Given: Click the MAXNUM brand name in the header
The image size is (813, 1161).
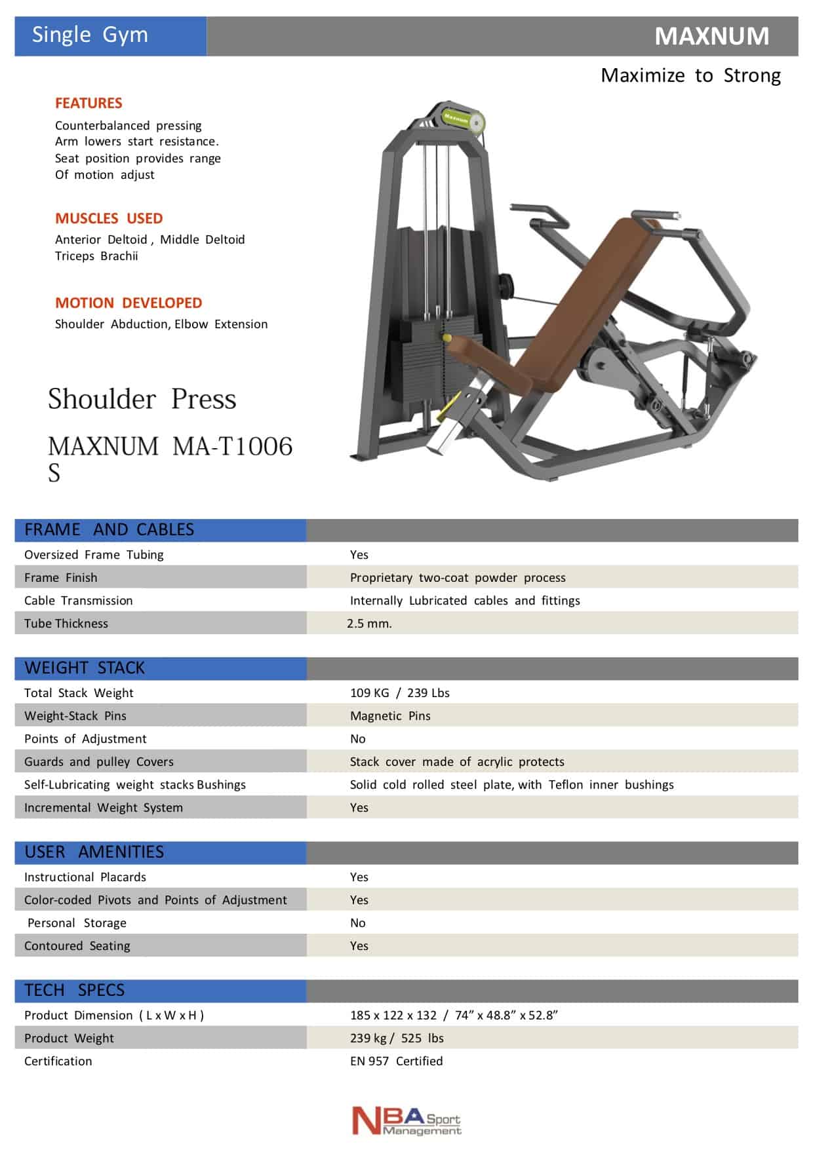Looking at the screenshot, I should pyautogui.click(x=711, y=36).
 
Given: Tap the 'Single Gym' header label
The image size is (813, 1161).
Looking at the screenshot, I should pyautogui.click(x=90, y=35).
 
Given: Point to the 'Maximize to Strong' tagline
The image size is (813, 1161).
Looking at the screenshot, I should pyautogui.click(x=690, y=75).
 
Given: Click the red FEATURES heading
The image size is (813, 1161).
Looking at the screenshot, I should pyautogui.click(x=89, y=103).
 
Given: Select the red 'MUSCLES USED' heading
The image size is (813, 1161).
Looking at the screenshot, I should pyautogui.click(x=109, y=218).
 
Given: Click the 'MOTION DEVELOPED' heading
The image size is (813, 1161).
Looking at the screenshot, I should pyautogui.click(x=129, y=303).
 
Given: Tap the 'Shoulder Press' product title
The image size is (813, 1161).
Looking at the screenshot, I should pyautogui.click(x=142, y=398).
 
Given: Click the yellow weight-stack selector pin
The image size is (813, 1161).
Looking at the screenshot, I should pyautogui.click(x=447, y=338).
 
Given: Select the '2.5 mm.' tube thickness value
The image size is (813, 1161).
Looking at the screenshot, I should pyautogui.click(x=369, y=623).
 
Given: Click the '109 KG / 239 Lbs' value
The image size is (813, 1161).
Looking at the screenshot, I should pyautogui.click(x=399, y=693).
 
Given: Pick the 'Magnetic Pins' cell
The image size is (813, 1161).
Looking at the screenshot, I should pyautogui.click(x=390, y=715).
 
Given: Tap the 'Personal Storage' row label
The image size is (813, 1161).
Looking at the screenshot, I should pyautogui.click(x=77, y=923).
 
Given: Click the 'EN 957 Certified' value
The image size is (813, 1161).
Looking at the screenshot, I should pyautogui.click(x=396, y=1061).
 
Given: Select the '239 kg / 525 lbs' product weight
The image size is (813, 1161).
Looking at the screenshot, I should pyautogui.click(x=397, y=1038).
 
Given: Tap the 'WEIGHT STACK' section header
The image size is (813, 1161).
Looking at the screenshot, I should pyautogui.click(x=85, y=668).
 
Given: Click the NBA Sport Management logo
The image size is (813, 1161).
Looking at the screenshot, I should pyautogui.click(x=406, y=1120).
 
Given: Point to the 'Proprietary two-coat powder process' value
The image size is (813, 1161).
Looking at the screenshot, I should pyautogui.click(x=458, y=577).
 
